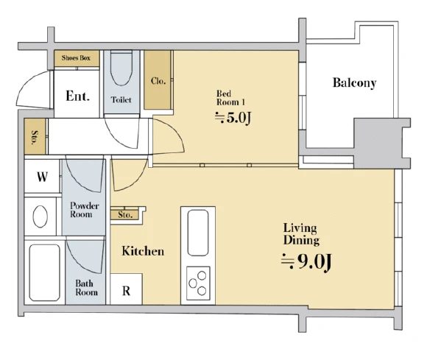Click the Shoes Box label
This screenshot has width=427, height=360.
[x=76, y=57]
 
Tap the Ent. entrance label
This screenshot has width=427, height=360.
[x=77, y=96]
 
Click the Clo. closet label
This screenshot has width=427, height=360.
[x=158, y=81]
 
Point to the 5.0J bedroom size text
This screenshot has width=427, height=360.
[x=233, y=117]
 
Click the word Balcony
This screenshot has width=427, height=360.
[x=355, y=82]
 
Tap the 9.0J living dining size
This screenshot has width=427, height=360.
[x=306, y=261]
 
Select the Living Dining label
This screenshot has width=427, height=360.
[x=301, y=234]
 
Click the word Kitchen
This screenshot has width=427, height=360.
[x=143, y=251]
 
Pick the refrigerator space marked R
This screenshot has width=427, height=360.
[x=126, y=289]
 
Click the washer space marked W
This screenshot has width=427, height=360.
[x=42, y=177]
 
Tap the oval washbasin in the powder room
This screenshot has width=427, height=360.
[x=40, y=216]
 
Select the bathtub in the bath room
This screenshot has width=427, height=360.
[x=45, y=272]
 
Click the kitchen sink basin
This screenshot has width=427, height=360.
[x=198, y=233]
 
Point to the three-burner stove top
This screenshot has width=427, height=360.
[x=198, y=283]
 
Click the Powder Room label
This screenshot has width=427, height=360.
[x=84, y=210]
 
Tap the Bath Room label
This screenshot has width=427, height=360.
[x=86, y=288]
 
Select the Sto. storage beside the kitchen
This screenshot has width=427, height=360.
[x=125, y=214]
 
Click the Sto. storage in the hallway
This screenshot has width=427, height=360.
[x=35, y=136]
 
